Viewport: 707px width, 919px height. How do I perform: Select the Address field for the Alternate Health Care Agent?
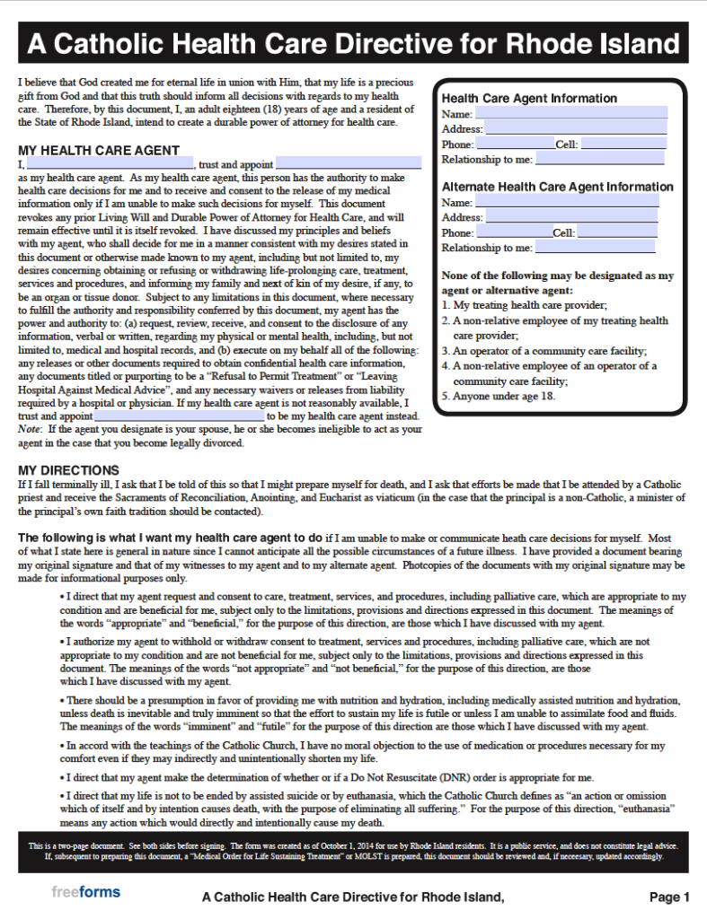tap(571, 217)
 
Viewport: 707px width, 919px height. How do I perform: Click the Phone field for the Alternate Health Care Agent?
tap(513, 232)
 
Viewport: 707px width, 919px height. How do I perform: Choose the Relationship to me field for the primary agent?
tap(599, 159)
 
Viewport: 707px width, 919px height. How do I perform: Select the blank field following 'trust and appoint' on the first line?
tap(349, 164)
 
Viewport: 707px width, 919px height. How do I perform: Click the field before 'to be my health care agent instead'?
tap(179, 416)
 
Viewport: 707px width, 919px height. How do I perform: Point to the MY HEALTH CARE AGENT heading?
tap(99, 150)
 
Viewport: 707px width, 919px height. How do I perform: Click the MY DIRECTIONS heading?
tap(68, 470)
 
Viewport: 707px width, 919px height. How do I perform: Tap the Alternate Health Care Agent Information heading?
tap(557, 187)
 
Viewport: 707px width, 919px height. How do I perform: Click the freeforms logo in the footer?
tap(85, 892)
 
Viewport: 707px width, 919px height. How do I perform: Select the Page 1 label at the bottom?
tap(669, 897)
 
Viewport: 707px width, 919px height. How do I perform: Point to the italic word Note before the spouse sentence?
tap(29, 430)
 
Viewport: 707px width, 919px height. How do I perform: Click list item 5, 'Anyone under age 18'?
tap(499, 396)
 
